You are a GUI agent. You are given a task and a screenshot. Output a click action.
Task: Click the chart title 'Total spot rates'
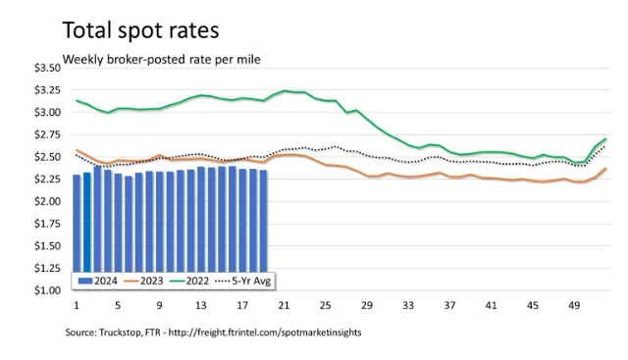[x=140, y=30]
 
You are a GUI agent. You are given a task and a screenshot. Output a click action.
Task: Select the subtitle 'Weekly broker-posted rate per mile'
[x=161, y=59]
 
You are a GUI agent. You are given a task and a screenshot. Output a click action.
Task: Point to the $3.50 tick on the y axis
[x=47, y=68]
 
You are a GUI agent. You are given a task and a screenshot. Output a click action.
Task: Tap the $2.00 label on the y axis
[x=47, y=201]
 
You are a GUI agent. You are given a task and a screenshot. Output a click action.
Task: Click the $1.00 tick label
[x=47, y=290]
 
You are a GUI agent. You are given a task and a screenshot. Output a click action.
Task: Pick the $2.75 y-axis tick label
[x=47, y=134]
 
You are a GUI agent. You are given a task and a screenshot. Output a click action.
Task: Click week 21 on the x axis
[x=284, y=305]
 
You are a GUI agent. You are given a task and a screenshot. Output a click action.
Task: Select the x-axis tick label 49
[x=574, y=305]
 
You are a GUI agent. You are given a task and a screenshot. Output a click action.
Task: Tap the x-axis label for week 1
[x=77, y=305]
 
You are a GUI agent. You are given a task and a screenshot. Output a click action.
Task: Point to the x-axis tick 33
[x=408, y=305]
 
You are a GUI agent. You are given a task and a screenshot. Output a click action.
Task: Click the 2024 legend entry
[x=97, y=281]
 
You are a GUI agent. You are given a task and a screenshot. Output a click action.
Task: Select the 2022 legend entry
[x=189, y=281]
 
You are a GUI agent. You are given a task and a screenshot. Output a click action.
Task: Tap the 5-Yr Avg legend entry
[x=243, y=281]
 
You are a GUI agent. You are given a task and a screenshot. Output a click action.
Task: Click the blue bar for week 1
[x=77, y=224]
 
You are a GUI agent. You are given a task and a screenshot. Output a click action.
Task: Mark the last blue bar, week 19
[x=263, y=221]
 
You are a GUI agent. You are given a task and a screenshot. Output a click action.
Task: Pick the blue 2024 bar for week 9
[x=159, y=222]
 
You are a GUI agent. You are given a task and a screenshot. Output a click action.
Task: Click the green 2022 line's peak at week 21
[x=285, y=91]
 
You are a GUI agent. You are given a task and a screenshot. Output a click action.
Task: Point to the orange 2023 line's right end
[x=606, y=168]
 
